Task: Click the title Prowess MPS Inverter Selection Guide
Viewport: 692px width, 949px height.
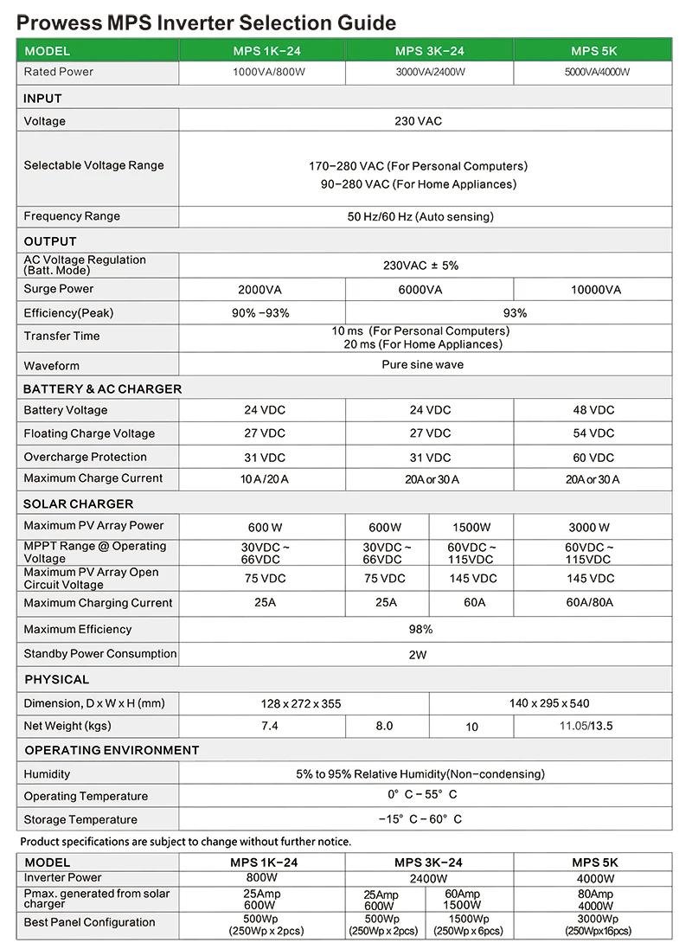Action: click(207, 22)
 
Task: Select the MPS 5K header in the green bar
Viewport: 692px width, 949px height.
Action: click(593, 51)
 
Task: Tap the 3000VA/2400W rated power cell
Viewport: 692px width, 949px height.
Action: click(430, 72)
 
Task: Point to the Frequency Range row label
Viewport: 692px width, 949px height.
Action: click(72, 216)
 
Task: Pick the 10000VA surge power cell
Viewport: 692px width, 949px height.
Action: click(595, 290)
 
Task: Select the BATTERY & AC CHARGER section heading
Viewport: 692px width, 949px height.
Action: click(102, 389)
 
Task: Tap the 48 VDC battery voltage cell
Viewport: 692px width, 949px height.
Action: click(593, 410)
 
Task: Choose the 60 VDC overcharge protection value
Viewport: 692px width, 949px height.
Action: click(593, 458)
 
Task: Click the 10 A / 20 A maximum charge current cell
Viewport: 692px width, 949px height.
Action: click(264, 479)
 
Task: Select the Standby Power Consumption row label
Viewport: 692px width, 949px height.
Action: click(100, 654)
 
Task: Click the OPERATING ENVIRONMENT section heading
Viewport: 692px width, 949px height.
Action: click(112, 750)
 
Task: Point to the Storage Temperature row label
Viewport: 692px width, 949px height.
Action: click(80, 819)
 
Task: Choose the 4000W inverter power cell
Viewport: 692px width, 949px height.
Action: click(594, 878)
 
